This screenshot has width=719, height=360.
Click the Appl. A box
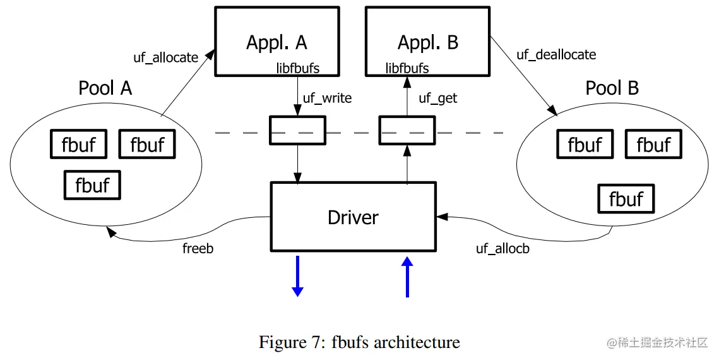point(276,41)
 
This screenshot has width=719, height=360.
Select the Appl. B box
point(427,41)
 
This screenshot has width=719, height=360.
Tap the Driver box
point(353,217)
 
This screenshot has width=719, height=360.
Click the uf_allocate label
point(165,57)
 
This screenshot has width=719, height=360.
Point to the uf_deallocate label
point(556,54)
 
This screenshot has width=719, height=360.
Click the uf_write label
point(327,98)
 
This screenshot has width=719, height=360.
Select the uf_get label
point(438,98)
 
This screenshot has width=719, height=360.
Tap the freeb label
point(198,248)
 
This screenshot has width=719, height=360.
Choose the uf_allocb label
point(502,248)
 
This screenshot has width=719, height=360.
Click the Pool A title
point(105,88)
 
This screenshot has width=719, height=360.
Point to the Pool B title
point(612,88)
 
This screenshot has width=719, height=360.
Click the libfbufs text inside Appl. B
point(407,68)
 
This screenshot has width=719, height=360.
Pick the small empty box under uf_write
point(297,130)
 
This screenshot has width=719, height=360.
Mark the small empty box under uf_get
point(407,130)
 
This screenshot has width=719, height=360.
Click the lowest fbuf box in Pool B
point(626,199)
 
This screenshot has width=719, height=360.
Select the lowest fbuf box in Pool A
point(92,185)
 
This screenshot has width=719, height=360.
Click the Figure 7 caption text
point(359,342)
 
